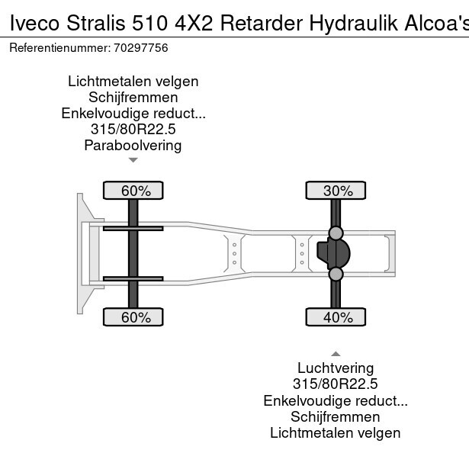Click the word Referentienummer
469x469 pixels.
coord(57,48)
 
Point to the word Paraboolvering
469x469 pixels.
coord(133,145)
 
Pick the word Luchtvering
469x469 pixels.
coord(335,369)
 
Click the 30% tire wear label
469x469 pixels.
coord(337,191)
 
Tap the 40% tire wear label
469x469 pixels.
coord(337,317)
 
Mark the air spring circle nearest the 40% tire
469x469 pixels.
coord(336,274)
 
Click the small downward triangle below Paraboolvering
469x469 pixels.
coord(133,160)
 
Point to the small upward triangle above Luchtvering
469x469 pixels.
coord(335,353)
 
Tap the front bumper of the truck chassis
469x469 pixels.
coord(80,253)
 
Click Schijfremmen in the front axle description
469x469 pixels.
coord(133,97)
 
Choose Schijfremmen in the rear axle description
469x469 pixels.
coord(335,417)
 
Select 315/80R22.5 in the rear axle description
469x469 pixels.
coord(335,385)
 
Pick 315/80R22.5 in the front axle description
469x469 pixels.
coord(133,129)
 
